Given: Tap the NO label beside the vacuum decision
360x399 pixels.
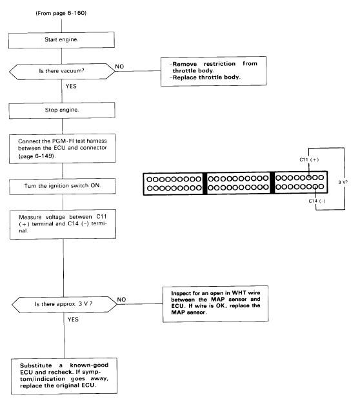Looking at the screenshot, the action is tap(119, 66).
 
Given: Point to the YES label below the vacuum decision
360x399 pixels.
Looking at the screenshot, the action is tap(71, 87).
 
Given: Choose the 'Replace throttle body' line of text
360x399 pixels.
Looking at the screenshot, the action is tap(205, 77).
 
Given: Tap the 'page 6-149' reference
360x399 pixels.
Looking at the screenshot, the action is tap(37, 156).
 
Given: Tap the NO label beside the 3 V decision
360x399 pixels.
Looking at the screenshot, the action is tap(121, 300).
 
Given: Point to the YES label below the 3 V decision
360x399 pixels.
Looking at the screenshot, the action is tap(73, 320).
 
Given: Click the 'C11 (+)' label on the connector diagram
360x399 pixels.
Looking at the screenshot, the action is tap(309, 160).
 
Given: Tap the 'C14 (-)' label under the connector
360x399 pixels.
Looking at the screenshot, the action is tap(317, 201).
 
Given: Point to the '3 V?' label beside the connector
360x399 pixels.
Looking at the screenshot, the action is tap(343, 182).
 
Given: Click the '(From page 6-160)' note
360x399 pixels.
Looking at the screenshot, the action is tap(61, 13).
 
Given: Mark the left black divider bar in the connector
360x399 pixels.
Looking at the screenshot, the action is tap(205, 183).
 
